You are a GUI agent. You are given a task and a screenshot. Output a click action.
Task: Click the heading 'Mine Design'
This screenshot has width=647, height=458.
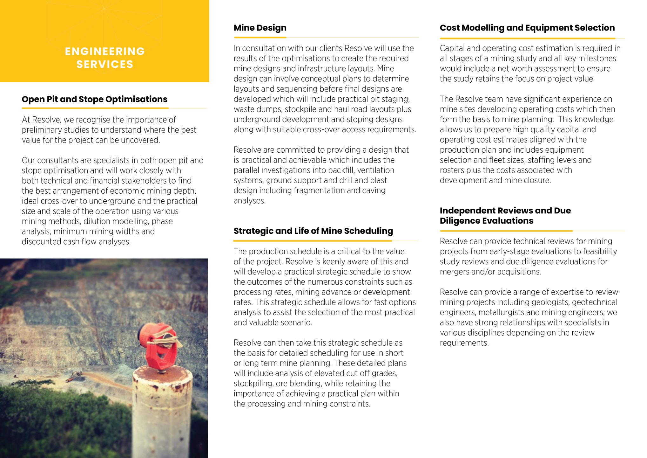(260, 28)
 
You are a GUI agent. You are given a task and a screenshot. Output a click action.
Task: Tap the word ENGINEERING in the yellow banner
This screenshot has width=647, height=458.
(105, 51)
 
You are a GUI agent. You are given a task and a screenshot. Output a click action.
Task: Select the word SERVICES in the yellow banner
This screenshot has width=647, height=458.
(105, 64)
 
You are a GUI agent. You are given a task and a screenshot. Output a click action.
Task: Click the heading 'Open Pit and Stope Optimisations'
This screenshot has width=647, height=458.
(94, 99)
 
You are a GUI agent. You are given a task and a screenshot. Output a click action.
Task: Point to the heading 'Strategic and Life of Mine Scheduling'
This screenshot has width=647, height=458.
(313, 231)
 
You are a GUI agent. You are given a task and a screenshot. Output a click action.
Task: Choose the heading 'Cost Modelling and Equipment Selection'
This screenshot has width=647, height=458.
(527, 28)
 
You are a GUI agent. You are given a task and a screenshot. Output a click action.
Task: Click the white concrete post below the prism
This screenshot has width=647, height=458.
(162, 413)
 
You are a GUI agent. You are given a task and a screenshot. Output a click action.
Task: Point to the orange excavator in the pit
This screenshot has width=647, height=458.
(74, 376)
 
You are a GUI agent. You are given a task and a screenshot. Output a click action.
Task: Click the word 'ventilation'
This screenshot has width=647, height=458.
(376, 170)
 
